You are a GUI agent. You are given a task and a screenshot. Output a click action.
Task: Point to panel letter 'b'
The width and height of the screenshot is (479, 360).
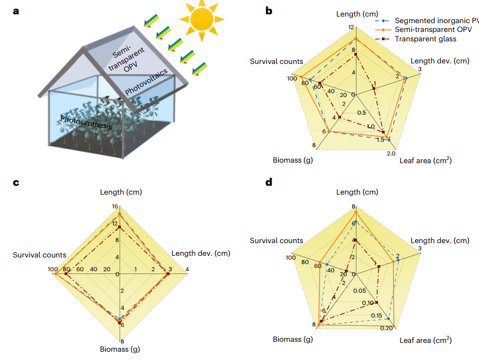coord(269,10)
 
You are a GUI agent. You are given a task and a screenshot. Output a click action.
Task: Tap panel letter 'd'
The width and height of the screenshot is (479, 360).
coord(269,181)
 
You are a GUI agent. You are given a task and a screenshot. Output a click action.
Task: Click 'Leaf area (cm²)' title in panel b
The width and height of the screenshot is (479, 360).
coord(426,161)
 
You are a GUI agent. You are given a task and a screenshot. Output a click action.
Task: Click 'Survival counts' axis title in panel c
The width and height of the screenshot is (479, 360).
coord(40,255)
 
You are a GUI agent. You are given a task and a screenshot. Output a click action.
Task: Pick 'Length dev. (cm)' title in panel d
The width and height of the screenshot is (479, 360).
coord(440,240)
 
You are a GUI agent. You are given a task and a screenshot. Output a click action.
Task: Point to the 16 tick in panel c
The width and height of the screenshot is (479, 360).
coord(115,207)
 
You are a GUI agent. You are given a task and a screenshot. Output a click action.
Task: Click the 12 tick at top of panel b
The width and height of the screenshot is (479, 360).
coord(351,27)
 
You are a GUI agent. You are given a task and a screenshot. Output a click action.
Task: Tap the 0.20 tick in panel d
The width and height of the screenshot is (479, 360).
coord(386,329)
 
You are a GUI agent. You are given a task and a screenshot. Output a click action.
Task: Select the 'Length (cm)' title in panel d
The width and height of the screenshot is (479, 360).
coord(357,192)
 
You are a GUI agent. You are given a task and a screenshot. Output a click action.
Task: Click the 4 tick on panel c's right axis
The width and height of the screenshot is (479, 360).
coord(187,269)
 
